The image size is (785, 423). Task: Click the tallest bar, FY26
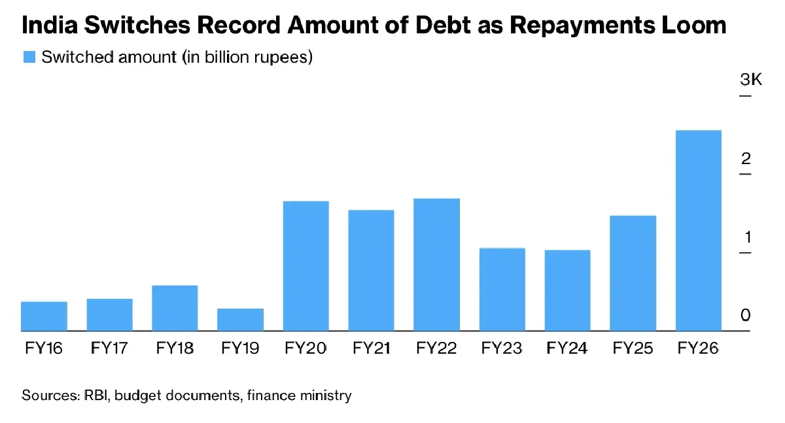pos(698,231)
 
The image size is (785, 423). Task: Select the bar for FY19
pos(240,320)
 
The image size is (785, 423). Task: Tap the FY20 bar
pos(305,266)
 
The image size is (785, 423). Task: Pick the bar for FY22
pos(436,265)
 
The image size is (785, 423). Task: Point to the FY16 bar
pos(44,316)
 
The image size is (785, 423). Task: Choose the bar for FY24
pos(567,291)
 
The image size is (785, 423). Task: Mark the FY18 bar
pos(175,309)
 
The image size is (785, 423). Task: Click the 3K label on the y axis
pos(750,80)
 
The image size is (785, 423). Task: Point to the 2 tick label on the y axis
pos(746,159)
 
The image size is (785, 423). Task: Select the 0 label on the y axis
pos(746,316)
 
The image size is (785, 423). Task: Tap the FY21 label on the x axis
pos(371,348)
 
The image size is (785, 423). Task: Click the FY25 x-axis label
pos(633,348)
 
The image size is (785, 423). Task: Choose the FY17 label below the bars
pos(109,348)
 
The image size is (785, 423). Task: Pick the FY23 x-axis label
pos(502,348)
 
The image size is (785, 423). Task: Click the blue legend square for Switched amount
pos(29,57)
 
